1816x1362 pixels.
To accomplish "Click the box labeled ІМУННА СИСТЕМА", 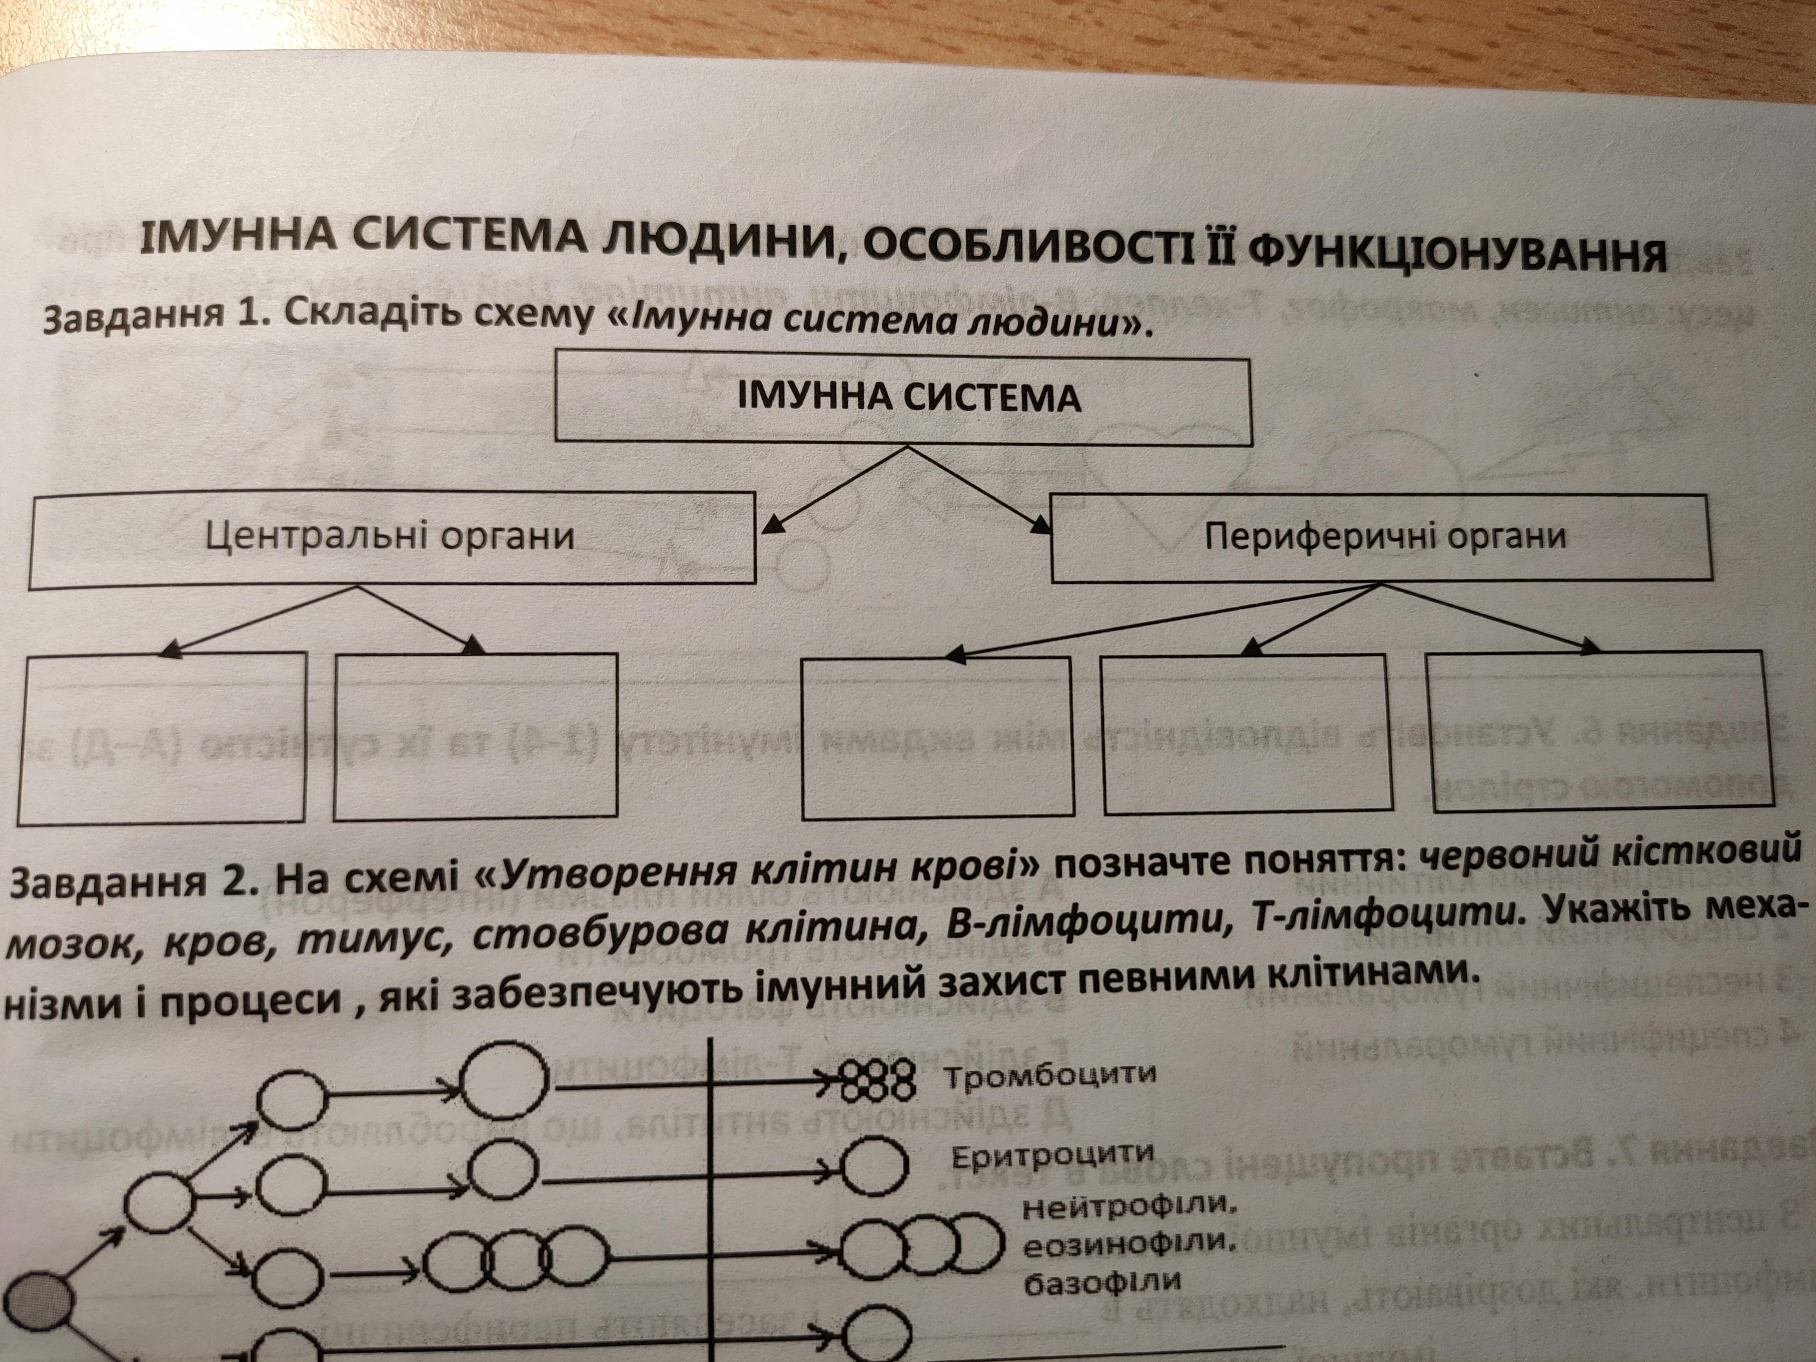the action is [903, 400].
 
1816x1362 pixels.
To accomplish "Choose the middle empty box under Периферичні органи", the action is [1246, 735].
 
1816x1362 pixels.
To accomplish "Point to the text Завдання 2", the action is [136, 881].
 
